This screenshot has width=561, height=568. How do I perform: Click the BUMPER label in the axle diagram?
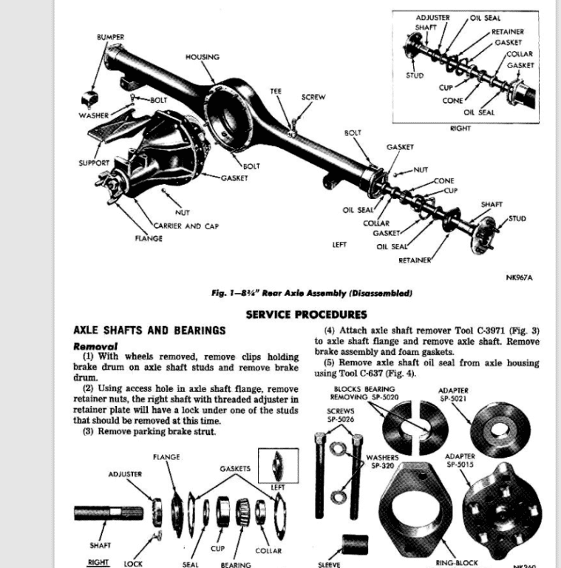(x=110, y=37)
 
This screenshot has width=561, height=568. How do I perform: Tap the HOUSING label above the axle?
(x=202, y=57)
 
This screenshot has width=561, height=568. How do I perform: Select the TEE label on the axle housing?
(x=275, y=91)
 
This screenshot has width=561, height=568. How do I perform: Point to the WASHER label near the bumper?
(x=94, y=115)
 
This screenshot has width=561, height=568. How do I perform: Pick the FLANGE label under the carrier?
(x=148, y=238)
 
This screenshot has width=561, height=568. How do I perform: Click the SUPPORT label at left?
(x=94, y=163)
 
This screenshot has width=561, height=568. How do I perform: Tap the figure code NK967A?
(x=519, y=277)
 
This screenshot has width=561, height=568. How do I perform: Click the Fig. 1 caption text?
(x=311, y=293)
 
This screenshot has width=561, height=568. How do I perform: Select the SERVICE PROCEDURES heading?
(x=306, y=314)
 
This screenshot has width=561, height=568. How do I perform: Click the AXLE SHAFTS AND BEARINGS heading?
(x=149, y=330)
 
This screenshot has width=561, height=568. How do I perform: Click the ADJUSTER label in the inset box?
(x=432, y=18)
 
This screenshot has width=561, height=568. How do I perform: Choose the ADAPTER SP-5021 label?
(x=452, y=394)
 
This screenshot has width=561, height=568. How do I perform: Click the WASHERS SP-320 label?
(x=384, y=461)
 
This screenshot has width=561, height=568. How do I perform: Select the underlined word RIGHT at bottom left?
(x=98, y=562)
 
